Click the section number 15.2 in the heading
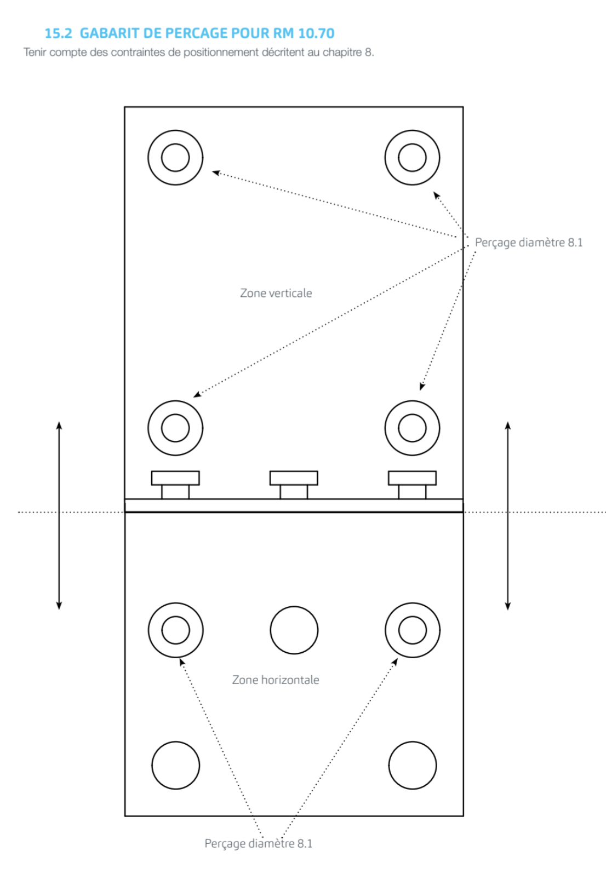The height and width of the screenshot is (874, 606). [x=59, y=33]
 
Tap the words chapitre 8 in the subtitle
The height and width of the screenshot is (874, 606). [x=348, y=52]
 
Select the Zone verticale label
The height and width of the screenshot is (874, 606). [x=276, y=293]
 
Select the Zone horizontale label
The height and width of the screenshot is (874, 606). [x=275, y=680]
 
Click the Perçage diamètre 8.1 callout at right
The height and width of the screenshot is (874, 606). [x=529, y=243]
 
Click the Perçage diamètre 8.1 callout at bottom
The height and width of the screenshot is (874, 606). [x=259, y=843]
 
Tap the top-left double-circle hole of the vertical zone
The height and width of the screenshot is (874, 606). [x=148, y=158]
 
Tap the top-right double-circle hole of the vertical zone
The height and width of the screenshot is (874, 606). [x=385, y=158]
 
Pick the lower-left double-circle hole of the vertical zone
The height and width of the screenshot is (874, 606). [x=148, y=428]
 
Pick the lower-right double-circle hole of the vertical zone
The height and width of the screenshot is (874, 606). [x=385, y=428]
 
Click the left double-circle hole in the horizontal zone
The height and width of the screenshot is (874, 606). [x=149, y=630]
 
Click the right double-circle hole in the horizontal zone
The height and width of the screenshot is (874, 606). [x=386, y=630]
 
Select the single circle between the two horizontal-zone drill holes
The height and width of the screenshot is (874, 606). [x=271, y=630]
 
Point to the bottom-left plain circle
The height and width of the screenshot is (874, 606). [x=152, y=766]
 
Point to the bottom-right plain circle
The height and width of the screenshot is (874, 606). [x=389, y=766]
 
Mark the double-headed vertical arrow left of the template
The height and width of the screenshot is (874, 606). [x=59, y=515]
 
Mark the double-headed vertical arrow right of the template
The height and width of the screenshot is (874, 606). [x=507, y=515]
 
